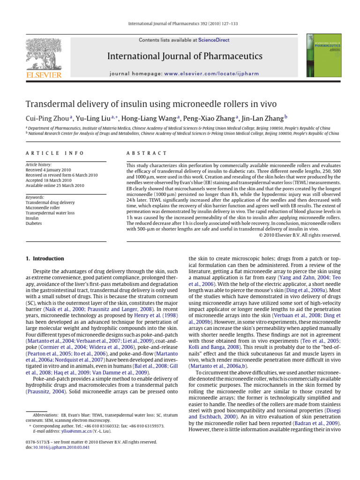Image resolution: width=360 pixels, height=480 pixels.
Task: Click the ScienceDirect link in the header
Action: pyautogui.click(x=214, y=40)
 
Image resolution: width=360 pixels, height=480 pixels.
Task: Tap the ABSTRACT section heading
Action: pyautogui.click(x=147, y=153)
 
